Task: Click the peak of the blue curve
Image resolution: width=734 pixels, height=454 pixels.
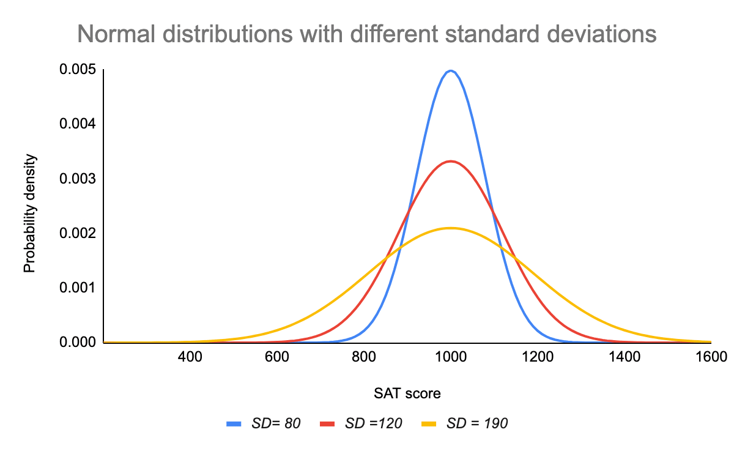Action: (451, 71)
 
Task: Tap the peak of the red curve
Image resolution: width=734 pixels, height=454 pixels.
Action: (451, 161)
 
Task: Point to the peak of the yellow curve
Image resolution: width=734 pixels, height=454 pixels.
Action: (451, 228)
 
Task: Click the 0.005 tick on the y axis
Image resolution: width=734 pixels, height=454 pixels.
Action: (78, 70)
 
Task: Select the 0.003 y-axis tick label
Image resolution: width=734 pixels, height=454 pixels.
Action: (78, 179)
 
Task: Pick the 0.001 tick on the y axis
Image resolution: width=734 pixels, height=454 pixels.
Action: (78, 288)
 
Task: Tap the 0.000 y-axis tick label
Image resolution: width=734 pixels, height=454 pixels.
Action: (78, 342)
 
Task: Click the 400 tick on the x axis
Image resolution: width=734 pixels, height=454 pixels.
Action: (190, 357)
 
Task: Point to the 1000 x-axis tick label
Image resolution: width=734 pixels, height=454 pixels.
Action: (451, 357)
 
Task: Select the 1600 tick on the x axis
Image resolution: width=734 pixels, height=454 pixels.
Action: (710, 357)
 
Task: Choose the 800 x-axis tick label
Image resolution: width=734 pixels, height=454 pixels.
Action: (364, 357)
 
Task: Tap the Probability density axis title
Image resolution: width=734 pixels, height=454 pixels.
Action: (29, 212)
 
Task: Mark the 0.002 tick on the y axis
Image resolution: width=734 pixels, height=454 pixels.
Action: (78, 234)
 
